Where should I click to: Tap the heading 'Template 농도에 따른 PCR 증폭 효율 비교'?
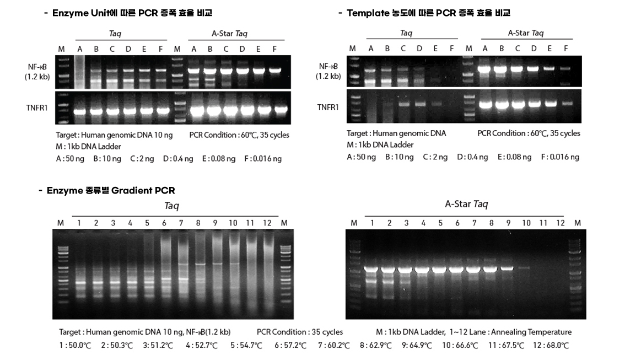[x=428, y=13]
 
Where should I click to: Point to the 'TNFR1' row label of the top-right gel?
[x=328, y=107]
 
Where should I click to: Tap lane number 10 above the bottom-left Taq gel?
[x=233, y=223]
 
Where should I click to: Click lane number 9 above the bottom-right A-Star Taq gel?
[x=508, y=223]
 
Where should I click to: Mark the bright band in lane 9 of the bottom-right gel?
[x=507, y=268]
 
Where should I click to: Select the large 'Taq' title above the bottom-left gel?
[x=171, y=206]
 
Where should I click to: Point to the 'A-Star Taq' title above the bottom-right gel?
[x=466, y=205]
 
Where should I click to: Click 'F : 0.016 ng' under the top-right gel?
[x=560, y=157]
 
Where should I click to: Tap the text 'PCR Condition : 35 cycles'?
[x=299, y=332]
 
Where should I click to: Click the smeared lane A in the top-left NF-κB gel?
[x=80, y=72]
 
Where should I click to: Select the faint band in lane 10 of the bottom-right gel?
[x=524, y=268]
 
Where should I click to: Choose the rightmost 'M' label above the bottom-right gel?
[x=577, y=223]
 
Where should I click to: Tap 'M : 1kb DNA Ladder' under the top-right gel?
[x=380, y=145]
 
